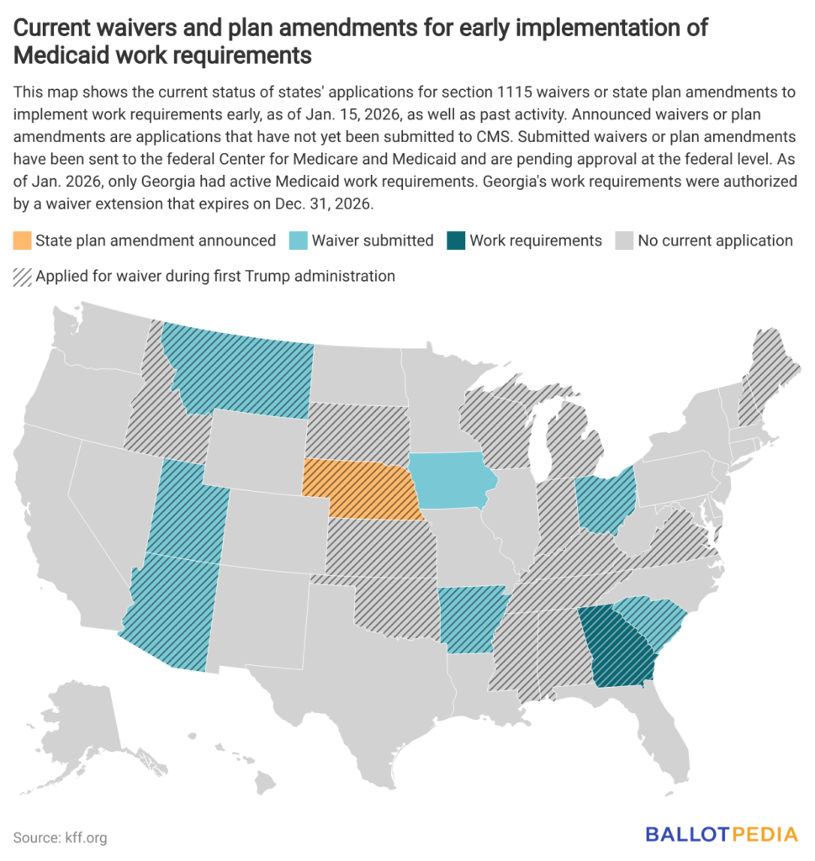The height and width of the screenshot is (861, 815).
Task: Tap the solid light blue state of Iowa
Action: pyautogui.click(x=451, y=481)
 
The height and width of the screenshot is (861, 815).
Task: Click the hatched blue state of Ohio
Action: pyautogui.click(x=606, y=499)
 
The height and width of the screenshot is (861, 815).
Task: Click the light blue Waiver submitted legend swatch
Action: pyautogui.click(x=297, y=240)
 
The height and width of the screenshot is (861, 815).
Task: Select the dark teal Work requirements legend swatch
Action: pyautogui.click(x=455, y=240)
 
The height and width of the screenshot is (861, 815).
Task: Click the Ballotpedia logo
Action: pyautogui.click(x=721, y=835)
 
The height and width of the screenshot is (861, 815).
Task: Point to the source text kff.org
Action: pyautogui.click(x=83, y=837)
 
